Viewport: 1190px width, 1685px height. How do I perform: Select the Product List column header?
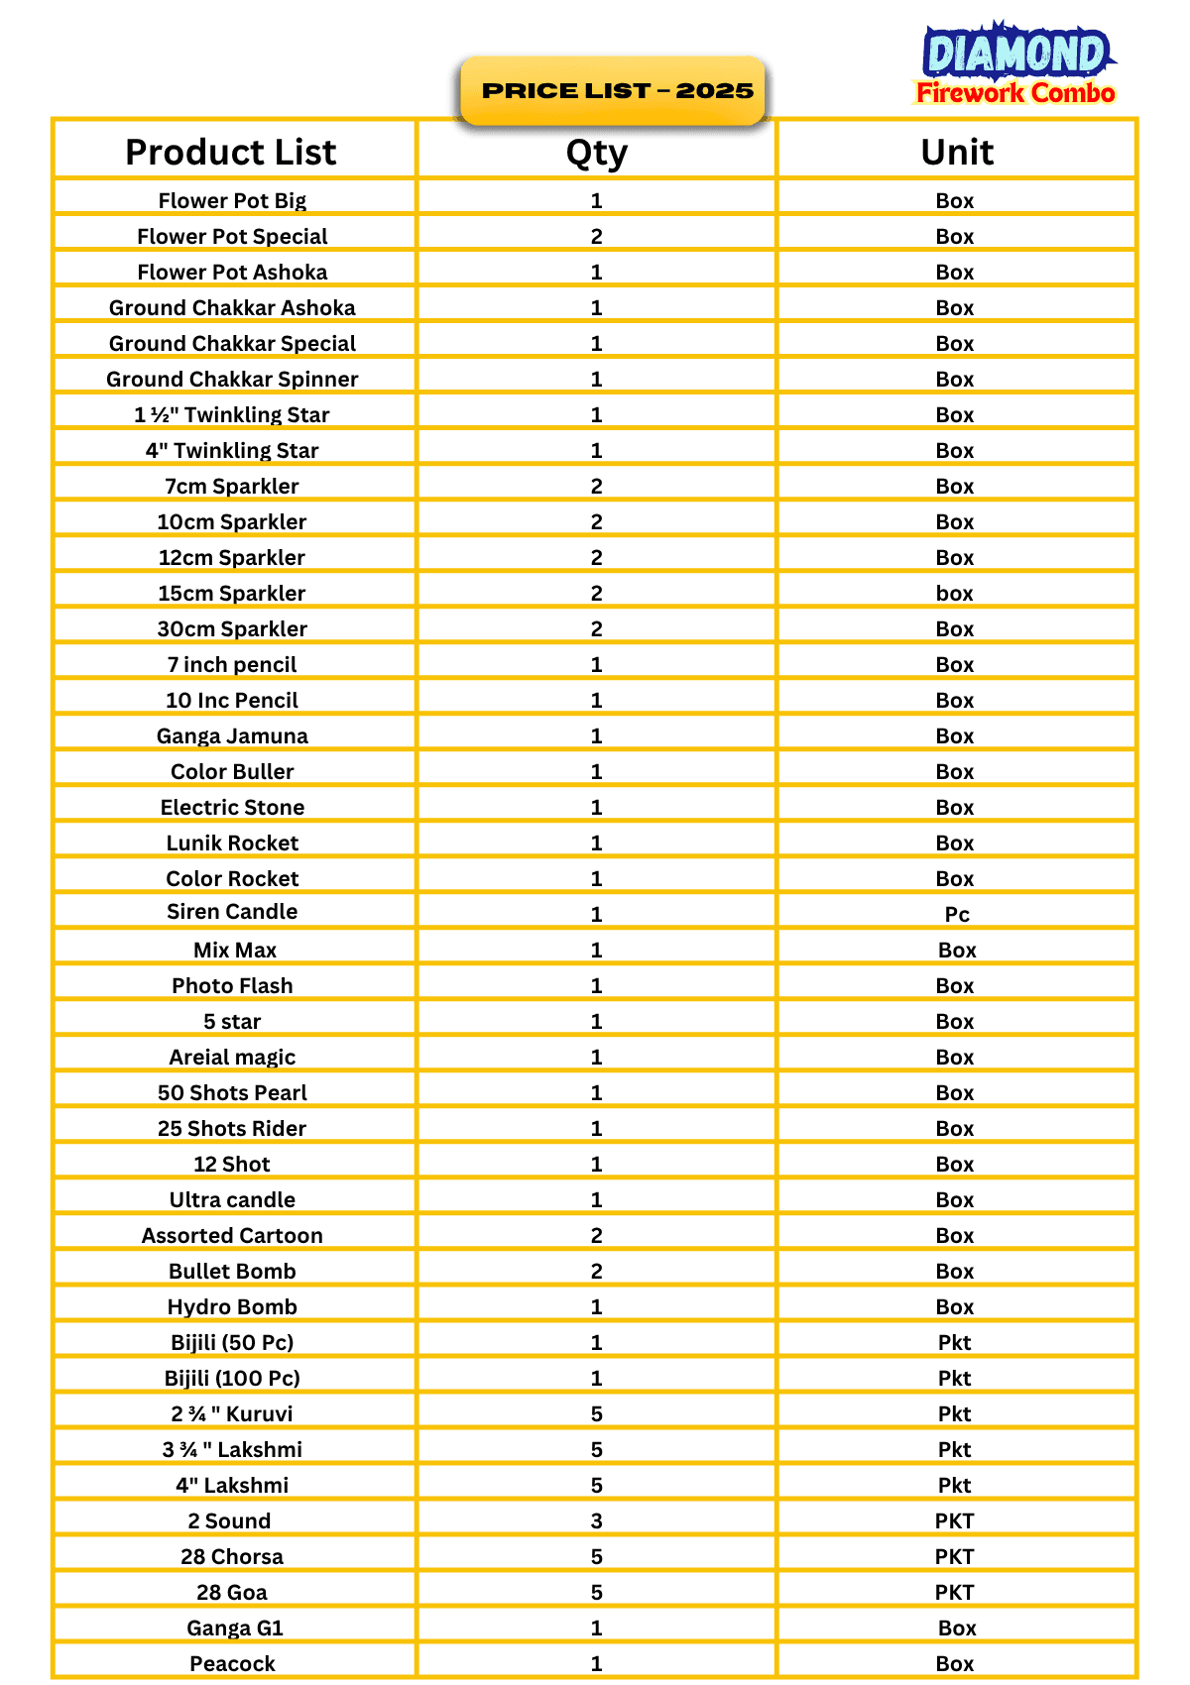231,152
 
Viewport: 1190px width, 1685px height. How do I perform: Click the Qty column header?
596,153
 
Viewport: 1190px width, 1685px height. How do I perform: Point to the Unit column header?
956,152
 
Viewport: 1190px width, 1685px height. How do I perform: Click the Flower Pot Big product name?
232,200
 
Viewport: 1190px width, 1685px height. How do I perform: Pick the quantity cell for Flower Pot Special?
596,236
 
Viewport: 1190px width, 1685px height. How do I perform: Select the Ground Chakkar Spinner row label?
232,379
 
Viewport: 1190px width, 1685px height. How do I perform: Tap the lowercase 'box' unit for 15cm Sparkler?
954,593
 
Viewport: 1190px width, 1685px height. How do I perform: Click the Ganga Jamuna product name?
232,735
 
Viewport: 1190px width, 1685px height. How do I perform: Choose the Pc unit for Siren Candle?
956,914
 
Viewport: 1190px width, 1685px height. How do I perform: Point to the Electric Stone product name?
232,807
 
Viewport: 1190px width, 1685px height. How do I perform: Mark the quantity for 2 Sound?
596,1520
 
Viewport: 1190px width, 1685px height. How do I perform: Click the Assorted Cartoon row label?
232,1235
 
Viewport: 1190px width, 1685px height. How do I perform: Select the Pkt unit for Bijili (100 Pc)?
954,1378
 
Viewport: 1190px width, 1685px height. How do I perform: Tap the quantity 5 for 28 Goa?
596,1592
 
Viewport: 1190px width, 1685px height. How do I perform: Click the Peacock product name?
232,1663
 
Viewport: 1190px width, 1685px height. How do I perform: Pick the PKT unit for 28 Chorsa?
954,1556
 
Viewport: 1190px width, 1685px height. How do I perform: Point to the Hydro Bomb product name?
232,1306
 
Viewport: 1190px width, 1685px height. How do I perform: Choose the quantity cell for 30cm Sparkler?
596,628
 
